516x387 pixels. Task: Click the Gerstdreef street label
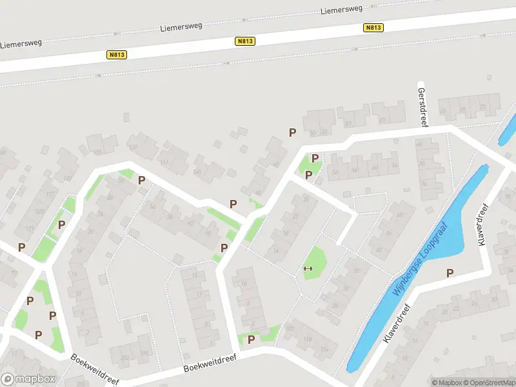pyautogui.click(x=423, y=107)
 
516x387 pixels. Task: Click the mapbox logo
pyautogui.click(x=28, y=379)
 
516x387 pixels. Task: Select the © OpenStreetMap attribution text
pyautogui.click(x=488, y=382)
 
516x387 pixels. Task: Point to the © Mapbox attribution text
pyautogui.click(x=446, y=382)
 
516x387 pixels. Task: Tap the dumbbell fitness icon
pyautogui.click(x=308, y=268)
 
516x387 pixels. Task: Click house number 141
pyautogui.click(x=164, y=163)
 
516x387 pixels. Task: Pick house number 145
pyautogui.click(x=197, y=172)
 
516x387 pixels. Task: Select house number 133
pyautogui.click(x=97, y=152)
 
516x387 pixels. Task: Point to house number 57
pyautogui.click(x=348, y=123)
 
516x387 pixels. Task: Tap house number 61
pyautogui.click(x=382, y=120)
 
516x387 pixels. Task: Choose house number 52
pyautogui.click(x=335, y=172)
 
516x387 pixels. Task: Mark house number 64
pyautogui.click(x=394, y=166)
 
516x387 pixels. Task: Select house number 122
pyautogui.click(x=290, y=328)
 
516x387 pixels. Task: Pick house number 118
pyautogui.click(x=308, y=339)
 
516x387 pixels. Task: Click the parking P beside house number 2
pyautogui.click(x=252, y=339)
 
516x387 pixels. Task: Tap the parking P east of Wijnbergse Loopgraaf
pyautogui.click(x=450, y=273)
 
